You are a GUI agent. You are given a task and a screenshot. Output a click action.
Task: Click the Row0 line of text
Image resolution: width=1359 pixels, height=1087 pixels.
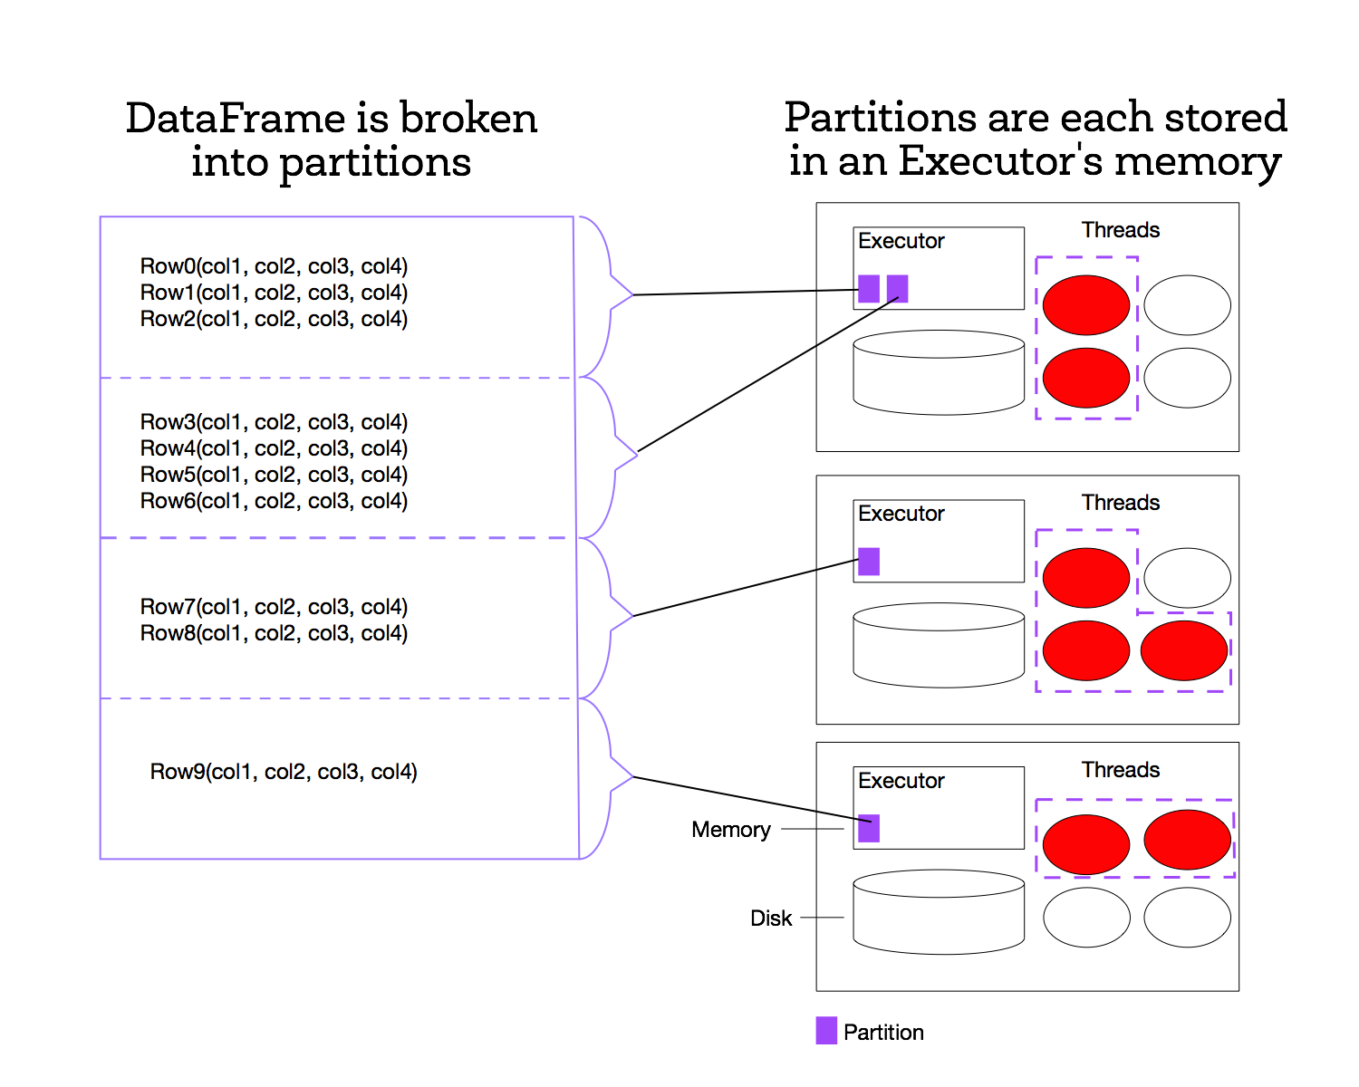tap(274, 266)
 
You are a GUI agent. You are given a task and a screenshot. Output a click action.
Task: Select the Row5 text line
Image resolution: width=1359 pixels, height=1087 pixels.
tap(274, 475)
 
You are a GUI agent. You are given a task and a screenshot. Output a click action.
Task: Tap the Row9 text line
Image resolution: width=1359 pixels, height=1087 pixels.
tap(284, 772)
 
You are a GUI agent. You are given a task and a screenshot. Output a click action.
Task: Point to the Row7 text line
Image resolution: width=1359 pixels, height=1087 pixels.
tap(274, 607)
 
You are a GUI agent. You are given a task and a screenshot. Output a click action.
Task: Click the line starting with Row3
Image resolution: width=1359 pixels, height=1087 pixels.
tap(274, 422)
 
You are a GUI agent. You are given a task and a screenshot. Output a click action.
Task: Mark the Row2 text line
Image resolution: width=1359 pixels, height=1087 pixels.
tap(274, 319)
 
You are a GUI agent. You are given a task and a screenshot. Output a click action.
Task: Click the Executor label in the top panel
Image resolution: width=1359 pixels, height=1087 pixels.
tap(901, 241)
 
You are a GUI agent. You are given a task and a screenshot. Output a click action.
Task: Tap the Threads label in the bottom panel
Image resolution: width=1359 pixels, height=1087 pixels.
tap(1120, 770)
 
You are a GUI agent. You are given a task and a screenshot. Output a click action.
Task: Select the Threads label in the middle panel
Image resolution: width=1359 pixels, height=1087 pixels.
tap(1120, 503)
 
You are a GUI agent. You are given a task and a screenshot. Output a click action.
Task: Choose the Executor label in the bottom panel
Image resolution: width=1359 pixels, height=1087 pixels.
tap(901, 781)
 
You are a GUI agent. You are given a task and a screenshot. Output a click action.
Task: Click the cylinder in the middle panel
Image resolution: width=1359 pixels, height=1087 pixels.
tap(939, 645)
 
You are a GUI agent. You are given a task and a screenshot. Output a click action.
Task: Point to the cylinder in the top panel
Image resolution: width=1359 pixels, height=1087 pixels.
tap(939, 372)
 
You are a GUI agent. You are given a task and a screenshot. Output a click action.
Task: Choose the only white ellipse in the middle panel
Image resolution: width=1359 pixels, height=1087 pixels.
tap(1187, 577)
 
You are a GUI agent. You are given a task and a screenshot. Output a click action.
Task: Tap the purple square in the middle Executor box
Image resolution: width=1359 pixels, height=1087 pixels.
tap(869, 562)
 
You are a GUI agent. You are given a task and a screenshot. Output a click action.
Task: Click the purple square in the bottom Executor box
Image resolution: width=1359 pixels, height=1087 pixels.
tap(869, 828)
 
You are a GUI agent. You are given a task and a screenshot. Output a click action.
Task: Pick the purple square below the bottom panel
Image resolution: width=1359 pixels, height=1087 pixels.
tap(826, 1030)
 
